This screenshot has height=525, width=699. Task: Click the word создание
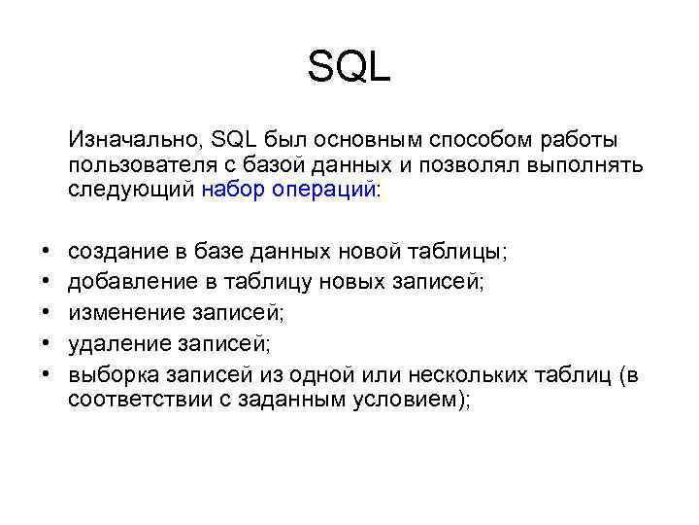[116, 252]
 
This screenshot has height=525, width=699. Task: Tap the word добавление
[129, 282]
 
